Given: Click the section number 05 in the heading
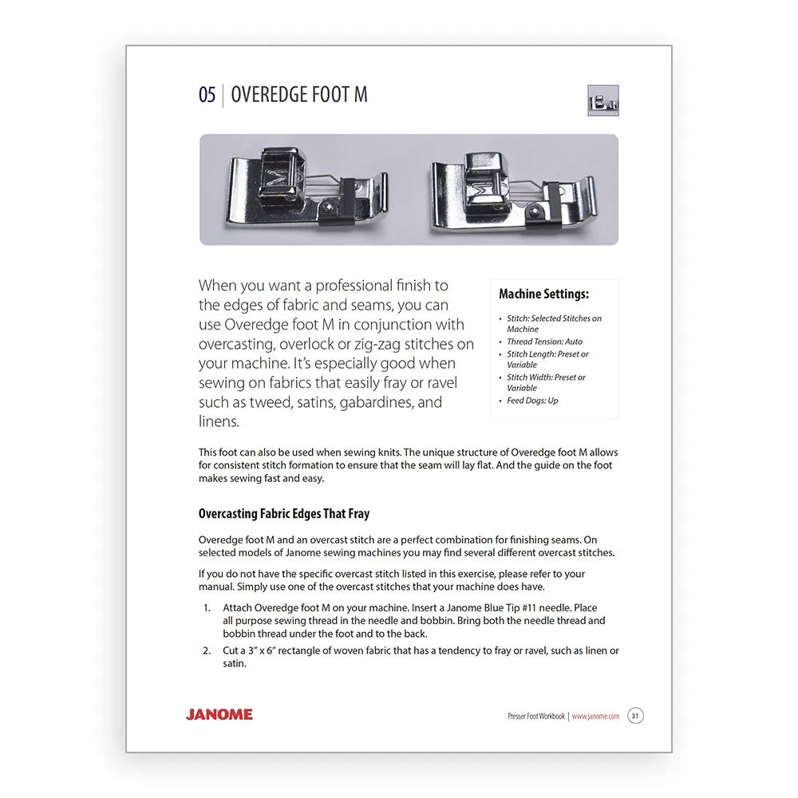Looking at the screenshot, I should click(207, 95).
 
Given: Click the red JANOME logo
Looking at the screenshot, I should click(219, 714).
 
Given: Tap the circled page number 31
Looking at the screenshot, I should click(635, 716).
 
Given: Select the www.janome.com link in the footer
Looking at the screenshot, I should click(595, 717).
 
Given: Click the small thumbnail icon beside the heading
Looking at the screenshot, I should click(603, 101).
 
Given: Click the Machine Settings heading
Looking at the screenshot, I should click(543, 294).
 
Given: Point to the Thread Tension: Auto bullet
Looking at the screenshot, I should click(544, 342).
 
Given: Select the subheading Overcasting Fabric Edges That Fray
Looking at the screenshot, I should click(283, 514).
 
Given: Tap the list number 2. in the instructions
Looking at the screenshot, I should click(207, 650).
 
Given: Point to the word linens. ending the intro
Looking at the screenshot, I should click(219, 421).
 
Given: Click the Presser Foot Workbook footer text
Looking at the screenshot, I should click(536, 717).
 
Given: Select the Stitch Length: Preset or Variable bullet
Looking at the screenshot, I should click(547, 359).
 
